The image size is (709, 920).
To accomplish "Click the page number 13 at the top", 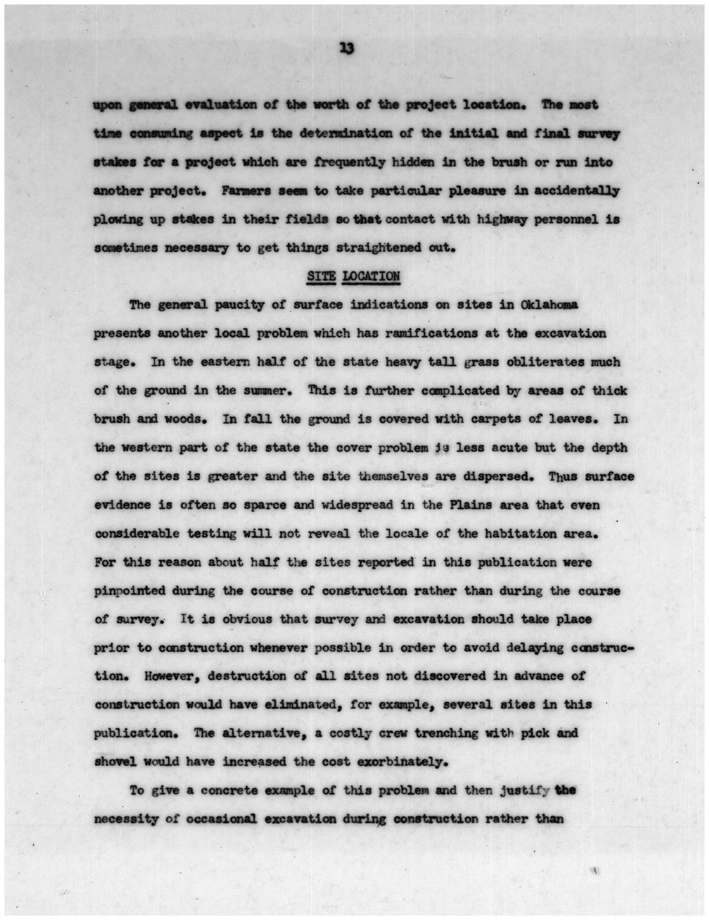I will click(346, 48).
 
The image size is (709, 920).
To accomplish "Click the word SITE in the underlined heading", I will click(321, 276).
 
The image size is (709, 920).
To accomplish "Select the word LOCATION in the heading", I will click(370, 276).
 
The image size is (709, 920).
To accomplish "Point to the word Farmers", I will click(247, 191).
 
